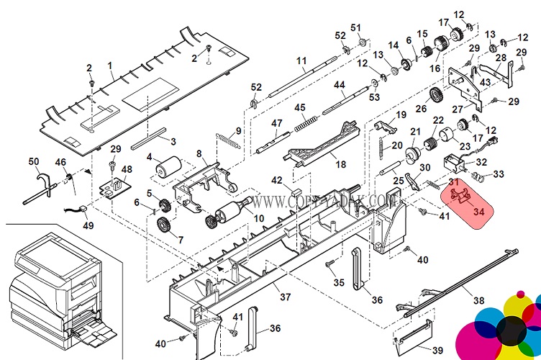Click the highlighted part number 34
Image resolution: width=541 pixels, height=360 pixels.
(479, 211)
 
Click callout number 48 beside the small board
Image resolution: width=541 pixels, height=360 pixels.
(127, 170)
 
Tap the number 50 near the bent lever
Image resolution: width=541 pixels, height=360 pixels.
(34, 161)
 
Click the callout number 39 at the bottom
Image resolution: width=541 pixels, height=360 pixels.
(437, 351)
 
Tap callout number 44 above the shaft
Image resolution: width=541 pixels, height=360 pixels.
(339, 85)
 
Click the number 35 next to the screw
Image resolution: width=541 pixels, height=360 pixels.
(339, 282)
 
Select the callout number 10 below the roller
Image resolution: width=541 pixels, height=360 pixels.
(259, 217)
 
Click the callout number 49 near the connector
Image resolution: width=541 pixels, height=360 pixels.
(88, 225)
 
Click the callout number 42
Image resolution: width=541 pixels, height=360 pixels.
(276, 179)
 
